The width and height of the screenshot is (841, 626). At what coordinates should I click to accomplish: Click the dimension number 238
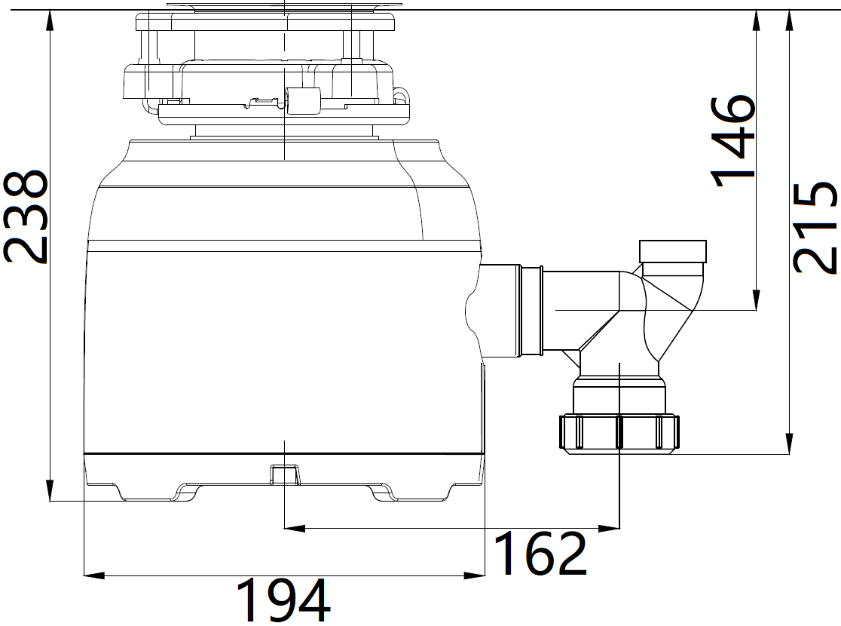25,217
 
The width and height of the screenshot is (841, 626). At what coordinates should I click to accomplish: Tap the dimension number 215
815,228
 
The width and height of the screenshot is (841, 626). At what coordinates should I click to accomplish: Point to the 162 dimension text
540,553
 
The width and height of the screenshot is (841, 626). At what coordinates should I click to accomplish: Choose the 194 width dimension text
283,600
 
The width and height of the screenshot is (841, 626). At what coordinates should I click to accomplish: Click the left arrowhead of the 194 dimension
94,576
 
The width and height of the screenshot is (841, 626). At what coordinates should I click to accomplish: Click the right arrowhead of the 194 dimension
475,576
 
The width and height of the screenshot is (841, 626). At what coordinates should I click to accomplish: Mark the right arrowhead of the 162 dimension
610,529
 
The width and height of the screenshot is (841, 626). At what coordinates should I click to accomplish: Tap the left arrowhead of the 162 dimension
294,529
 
